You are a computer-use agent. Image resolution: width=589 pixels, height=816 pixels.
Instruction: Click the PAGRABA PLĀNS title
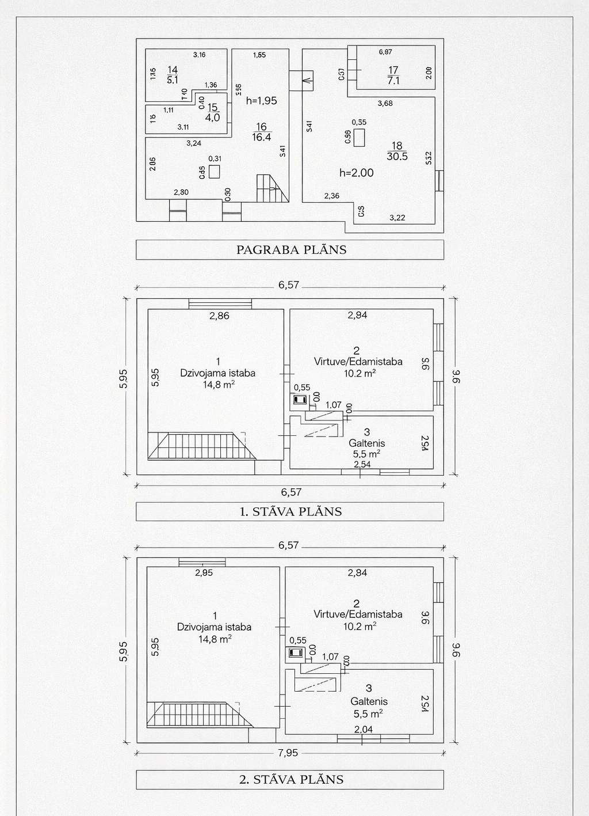tap(291, 250)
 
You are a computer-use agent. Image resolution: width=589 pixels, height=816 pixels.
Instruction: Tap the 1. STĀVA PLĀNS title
tap(290, 511)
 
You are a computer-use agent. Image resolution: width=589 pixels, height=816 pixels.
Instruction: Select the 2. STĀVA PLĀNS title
tap(291, 779)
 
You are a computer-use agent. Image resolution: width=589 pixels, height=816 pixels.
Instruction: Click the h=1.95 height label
tap(261, 101)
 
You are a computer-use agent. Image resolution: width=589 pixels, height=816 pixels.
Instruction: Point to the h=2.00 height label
tap(356, 172)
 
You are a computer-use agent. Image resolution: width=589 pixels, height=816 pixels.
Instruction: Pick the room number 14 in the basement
tap(173, 70)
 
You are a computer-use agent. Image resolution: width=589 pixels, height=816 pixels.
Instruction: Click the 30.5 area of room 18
tap(397, 157)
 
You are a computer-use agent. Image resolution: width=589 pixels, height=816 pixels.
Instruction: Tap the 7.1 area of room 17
tap(393, 81)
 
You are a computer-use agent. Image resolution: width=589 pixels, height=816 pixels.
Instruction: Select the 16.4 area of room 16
tap(261, 138)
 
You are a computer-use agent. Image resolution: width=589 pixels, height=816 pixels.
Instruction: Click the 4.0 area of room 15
tap(212, 118)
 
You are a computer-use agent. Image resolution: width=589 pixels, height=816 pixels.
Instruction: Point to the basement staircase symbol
tap(271, 188)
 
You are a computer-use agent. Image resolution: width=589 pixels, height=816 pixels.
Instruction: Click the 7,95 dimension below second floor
tap(288, 753)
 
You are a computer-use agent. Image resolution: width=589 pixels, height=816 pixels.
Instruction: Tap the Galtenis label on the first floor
tap(367, 443)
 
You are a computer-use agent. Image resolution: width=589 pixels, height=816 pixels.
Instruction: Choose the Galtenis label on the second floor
tap(369, 701)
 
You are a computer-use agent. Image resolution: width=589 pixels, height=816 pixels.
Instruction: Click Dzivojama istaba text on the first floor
tap(217, 373)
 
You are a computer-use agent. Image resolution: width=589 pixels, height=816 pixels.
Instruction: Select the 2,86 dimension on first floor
tap(219, 316)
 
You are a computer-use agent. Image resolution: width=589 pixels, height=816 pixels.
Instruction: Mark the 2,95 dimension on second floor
tap(204, 573)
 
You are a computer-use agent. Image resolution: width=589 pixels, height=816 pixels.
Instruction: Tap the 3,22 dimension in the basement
tap(397, 218)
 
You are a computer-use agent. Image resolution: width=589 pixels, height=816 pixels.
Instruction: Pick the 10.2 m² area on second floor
tap(359, 626)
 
